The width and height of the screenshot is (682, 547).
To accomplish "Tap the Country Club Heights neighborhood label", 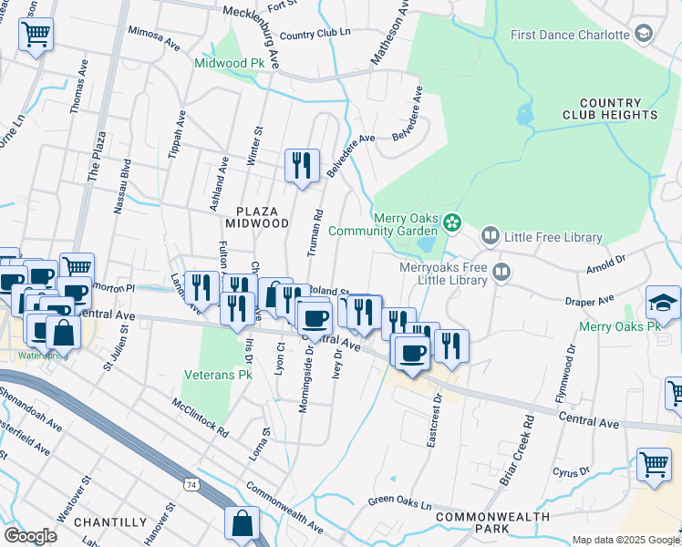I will pyautogui.click(x=617, y=109).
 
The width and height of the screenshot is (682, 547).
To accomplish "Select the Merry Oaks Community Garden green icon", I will pyautogui.click(x=451, y=222).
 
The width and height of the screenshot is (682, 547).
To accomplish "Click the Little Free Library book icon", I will pyautogui.click(x=491, y=237).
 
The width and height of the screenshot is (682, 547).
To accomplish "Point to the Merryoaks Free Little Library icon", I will pyautogui.click(x=501, y=272).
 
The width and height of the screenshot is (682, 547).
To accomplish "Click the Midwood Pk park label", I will pyautogui.click(x=229, y=63).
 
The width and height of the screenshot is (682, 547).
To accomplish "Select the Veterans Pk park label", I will pyautogui.click(x=219, y=374).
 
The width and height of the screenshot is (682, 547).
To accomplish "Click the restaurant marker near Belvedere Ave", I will pyautogui.click(x=302, y=165).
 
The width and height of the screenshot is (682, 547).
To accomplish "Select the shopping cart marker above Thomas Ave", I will pyautogui.click(x=36, y=35).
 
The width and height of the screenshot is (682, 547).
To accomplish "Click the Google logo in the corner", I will pyautogui.click(x=30, y=536).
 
